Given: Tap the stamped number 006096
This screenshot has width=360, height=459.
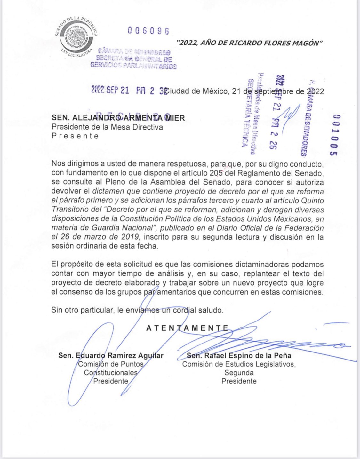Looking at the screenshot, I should coord(148,31).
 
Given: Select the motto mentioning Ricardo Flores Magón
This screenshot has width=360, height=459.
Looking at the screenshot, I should coord(249,43).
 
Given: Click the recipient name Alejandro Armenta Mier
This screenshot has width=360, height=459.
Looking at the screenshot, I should coord(118,118).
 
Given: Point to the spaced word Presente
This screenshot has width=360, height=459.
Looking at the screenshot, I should coord(75,136).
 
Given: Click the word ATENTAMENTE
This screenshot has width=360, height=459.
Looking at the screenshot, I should coord(187,328).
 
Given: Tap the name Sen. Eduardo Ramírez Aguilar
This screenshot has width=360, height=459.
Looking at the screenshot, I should coord(111,355).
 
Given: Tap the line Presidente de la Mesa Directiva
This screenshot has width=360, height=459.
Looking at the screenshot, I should coord(107,127).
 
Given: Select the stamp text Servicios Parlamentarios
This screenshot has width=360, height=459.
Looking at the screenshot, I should coord(134,66).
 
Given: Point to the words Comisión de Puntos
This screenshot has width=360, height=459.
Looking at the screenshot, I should coord(111,364).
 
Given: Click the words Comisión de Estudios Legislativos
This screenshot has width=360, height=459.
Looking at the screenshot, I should coord(239,364).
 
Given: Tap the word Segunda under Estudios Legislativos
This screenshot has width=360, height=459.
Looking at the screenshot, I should coord(239,373).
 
